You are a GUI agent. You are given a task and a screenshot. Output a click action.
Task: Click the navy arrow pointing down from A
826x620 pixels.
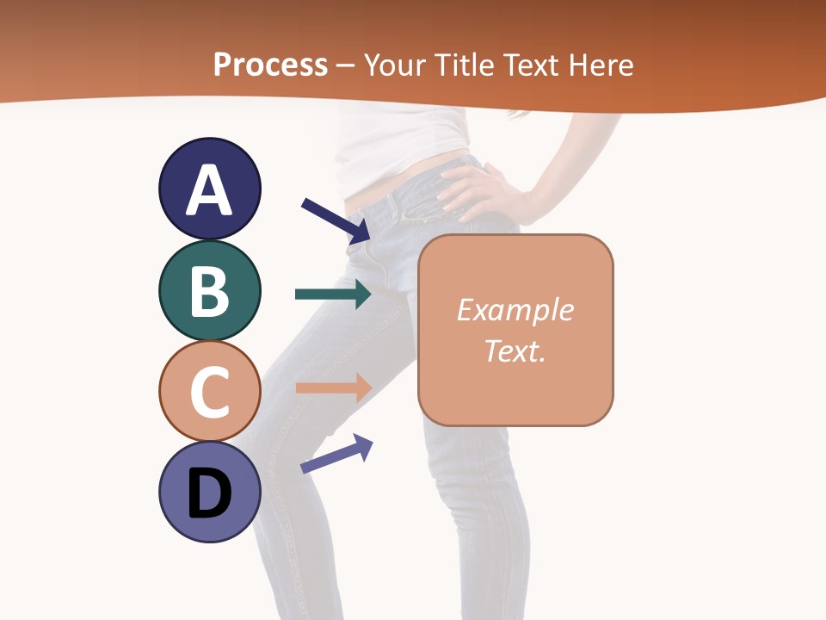(x=336, y=220)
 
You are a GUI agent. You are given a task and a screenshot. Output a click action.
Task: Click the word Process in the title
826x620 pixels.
(x=270, y=65)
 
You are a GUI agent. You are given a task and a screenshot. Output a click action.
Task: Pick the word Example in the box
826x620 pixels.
(x=515, y=310)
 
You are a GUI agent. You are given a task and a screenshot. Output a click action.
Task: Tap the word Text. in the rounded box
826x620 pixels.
(x=515, y=350)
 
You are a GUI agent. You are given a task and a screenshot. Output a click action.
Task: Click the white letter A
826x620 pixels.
(x=209, y=190)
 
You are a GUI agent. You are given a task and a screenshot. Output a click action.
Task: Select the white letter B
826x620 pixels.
(x=209, y=292)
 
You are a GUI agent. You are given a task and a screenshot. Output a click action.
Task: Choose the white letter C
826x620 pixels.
(x=209, y=392)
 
